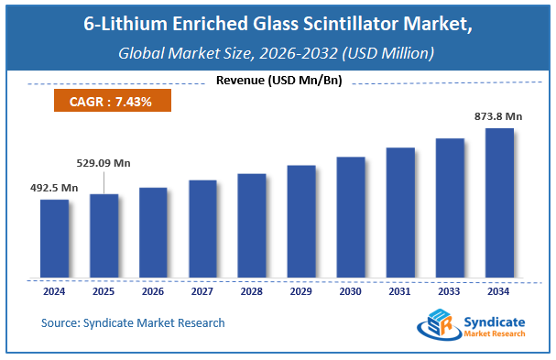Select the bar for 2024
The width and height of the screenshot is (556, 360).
coord(54,239)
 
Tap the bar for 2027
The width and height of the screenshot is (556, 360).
coord(202,229)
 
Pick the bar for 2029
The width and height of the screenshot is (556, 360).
coord(301,222)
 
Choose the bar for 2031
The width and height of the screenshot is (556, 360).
coord(400,213)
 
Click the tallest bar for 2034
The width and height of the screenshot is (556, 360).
coord(498,203)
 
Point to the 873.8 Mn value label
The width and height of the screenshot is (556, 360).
coord(498,116)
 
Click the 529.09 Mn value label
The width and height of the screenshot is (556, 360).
coord(103,163)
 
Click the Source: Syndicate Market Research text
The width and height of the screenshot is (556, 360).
coord(133,322)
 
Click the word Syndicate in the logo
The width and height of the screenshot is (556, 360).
coord(496,320)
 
